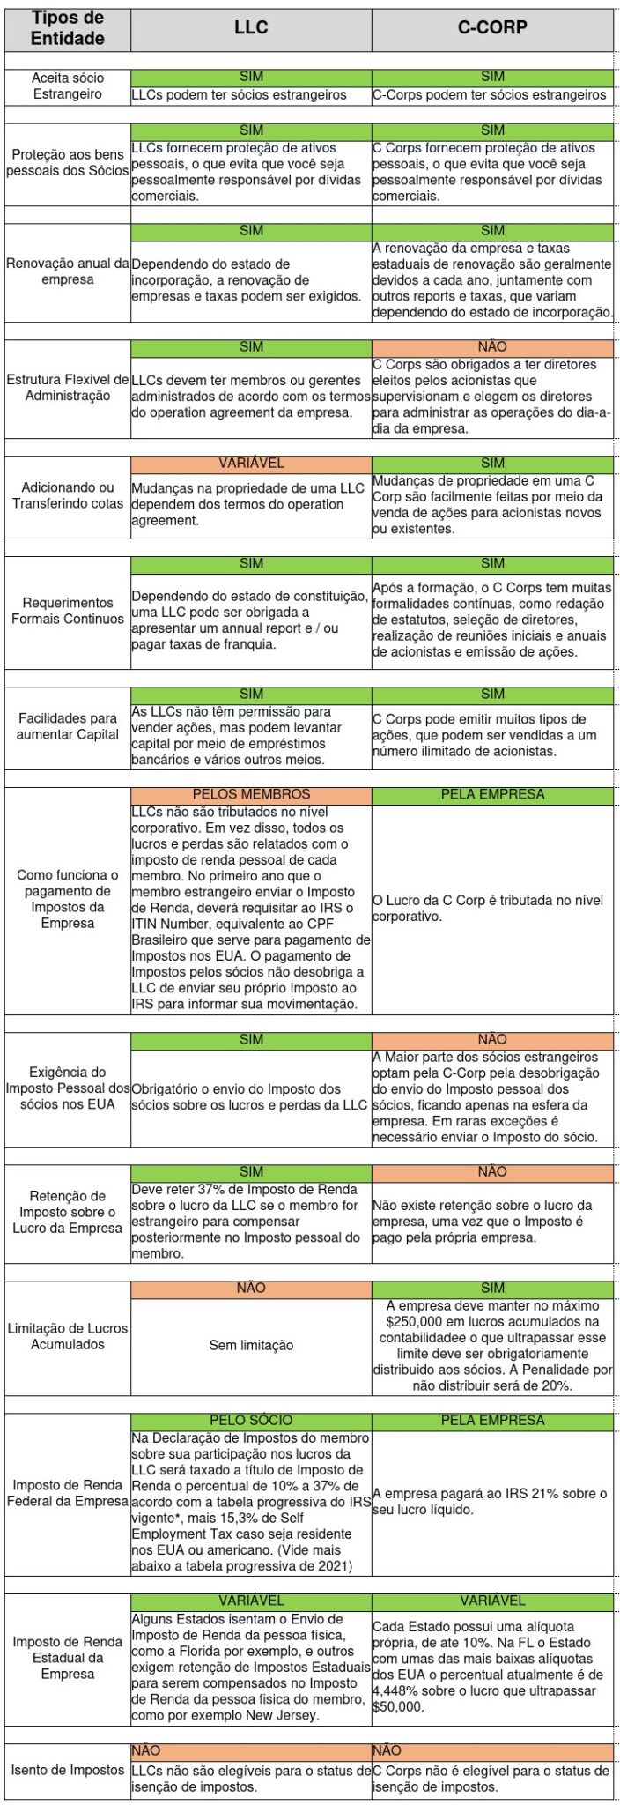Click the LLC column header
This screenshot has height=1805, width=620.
click(x=251, y=28)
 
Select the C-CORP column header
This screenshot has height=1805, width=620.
click(x=492, y=28)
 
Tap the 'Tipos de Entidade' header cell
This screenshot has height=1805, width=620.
click(x=67, y=28)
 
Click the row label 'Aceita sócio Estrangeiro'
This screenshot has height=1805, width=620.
click(x=67, y=86)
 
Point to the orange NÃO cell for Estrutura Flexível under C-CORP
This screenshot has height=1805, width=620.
click(x=492, y=347)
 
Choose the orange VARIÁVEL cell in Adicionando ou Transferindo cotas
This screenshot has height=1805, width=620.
click(x=251, y=464)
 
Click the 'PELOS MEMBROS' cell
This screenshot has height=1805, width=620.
click(x=251, y=794)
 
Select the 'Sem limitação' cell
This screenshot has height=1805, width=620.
click(x=251, y=1346)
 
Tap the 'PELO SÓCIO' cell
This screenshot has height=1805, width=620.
click(x=251, y=1420)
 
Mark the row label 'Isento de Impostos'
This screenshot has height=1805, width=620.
click(x=67, y=1770)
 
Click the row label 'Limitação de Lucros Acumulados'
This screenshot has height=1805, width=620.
click(x=67, y=1336)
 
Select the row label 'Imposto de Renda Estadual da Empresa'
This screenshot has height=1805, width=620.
click(x=67, y=1658)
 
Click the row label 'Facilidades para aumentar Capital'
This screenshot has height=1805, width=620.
click(x=67, y=726)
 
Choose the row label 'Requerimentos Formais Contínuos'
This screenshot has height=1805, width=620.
click(x=67, y=611)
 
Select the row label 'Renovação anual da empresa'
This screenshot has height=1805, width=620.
click(x=67, y=271)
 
